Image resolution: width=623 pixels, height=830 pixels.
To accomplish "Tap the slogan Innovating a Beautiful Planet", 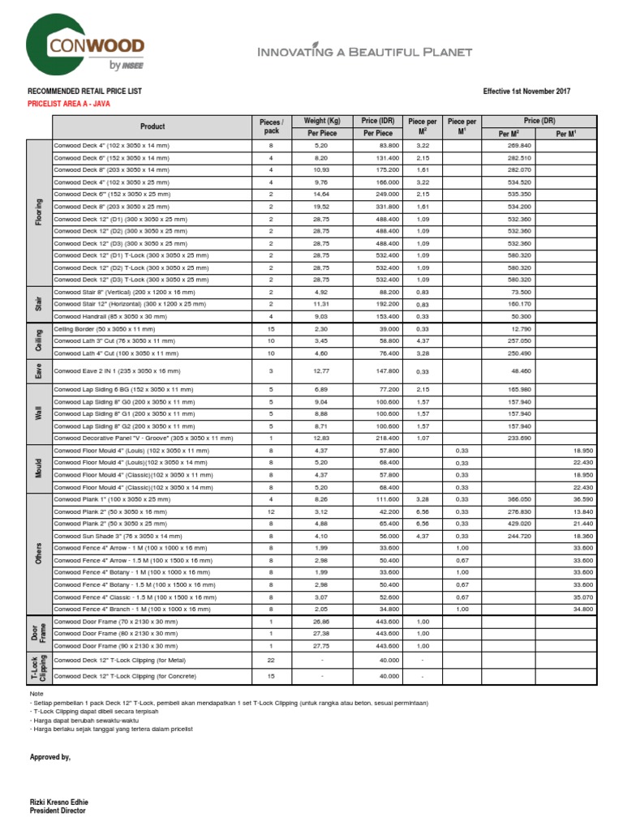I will tap(364, 53).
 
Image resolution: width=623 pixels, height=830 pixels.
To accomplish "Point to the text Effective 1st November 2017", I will tap(527, 92).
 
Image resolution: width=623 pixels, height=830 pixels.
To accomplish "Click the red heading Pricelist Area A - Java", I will tap(69, 104).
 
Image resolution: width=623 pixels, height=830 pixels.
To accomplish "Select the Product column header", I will tap(153, 126).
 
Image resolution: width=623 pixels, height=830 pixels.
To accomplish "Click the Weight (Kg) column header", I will tap(322, 121).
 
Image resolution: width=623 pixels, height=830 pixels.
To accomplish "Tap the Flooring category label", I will tap(39, 212).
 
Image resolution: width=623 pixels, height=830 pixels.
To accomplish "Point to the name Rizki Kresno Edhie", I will tap(62, 801).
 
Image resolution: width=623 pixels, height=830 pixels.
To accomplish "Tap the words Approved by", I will tap(49, 757).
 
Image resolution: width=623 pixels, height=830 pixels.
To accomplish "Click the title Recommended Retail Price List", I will tap(84, 92).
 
